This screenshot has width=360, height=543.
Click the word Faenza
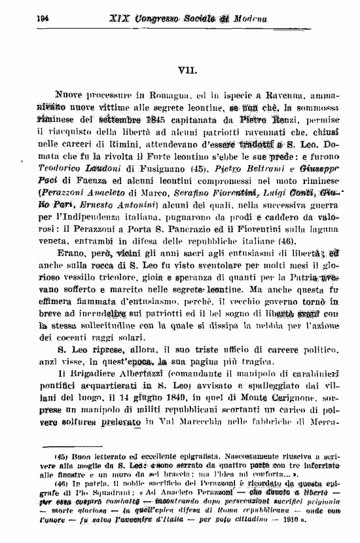coord(84,179)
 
